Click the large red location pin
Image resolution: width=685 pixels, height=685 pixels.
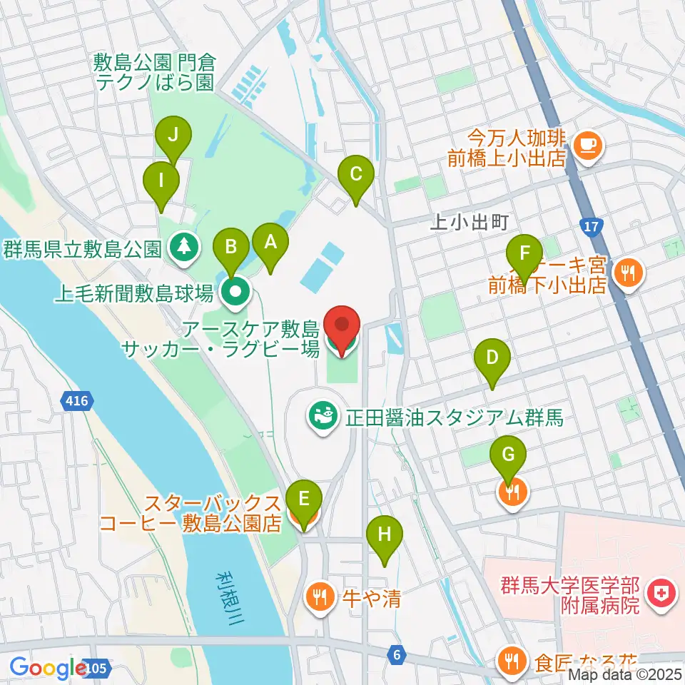[x=342, y=328]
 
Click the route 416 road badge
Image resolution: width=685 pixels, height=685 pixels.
[x=76, y=401]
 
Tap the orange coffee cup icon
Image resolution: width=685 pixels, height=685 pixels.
[x=587, y=145]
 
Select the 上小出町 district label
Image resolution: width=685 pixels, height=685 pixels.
[x=469, y=222]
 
